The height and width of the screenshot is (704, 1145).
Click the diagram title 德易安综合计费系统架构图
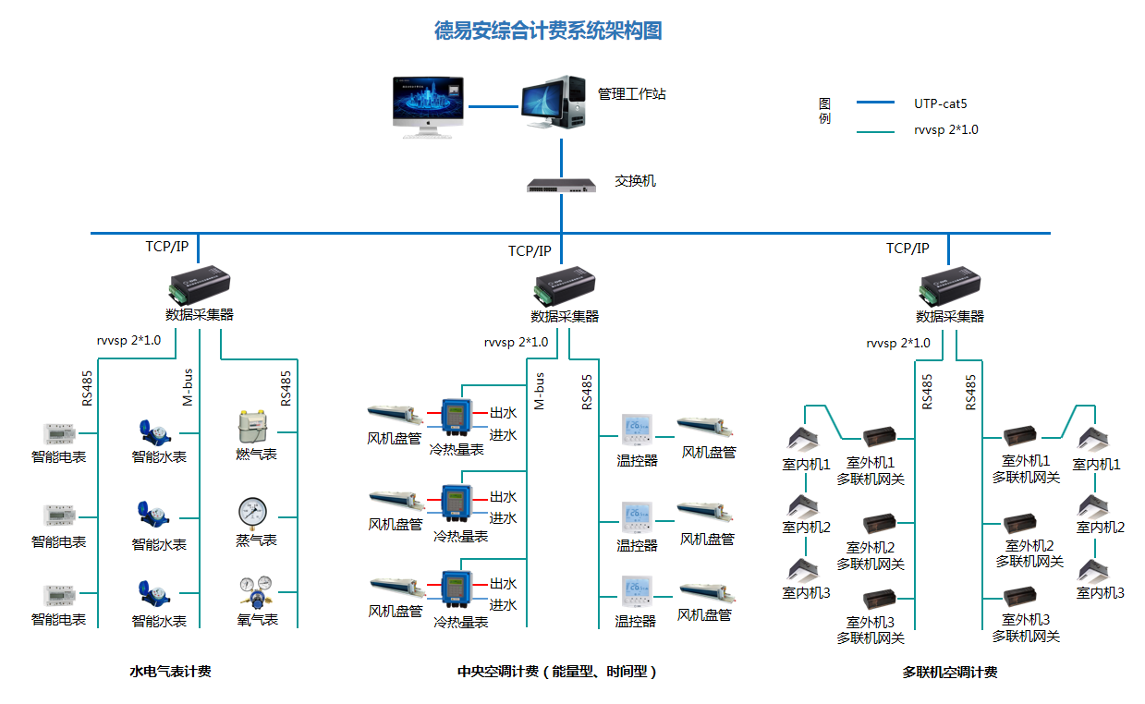tap(548, 31)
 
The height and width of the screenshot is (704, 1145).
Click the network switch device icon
tap(560, 185)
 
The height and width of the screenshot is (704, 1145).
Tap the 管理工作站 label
tap(631, 94)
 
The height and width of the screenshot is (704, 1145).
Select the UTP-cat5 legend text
tap(940, 103)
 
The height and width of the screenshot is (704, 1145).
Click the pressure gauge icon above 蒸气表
tap(252, 512)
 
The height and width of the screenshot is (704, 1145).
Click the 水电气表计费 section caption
tap(170, 672)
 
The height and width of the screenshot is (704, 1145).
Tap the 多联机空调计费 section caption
tap(949, 673)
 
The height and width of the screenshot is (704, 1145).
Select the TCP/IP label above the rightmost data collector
tap(907, 249)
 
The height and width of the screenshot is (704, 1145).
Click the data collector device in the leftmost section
tap(199, 282)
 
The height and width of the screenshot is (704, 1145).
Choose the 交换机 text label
tap(635, 181)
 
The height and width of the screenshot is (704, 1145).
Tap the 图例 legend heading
tap(824, 111)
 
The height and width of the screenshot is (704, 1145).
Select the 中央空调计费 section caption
tap(556, 673)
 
